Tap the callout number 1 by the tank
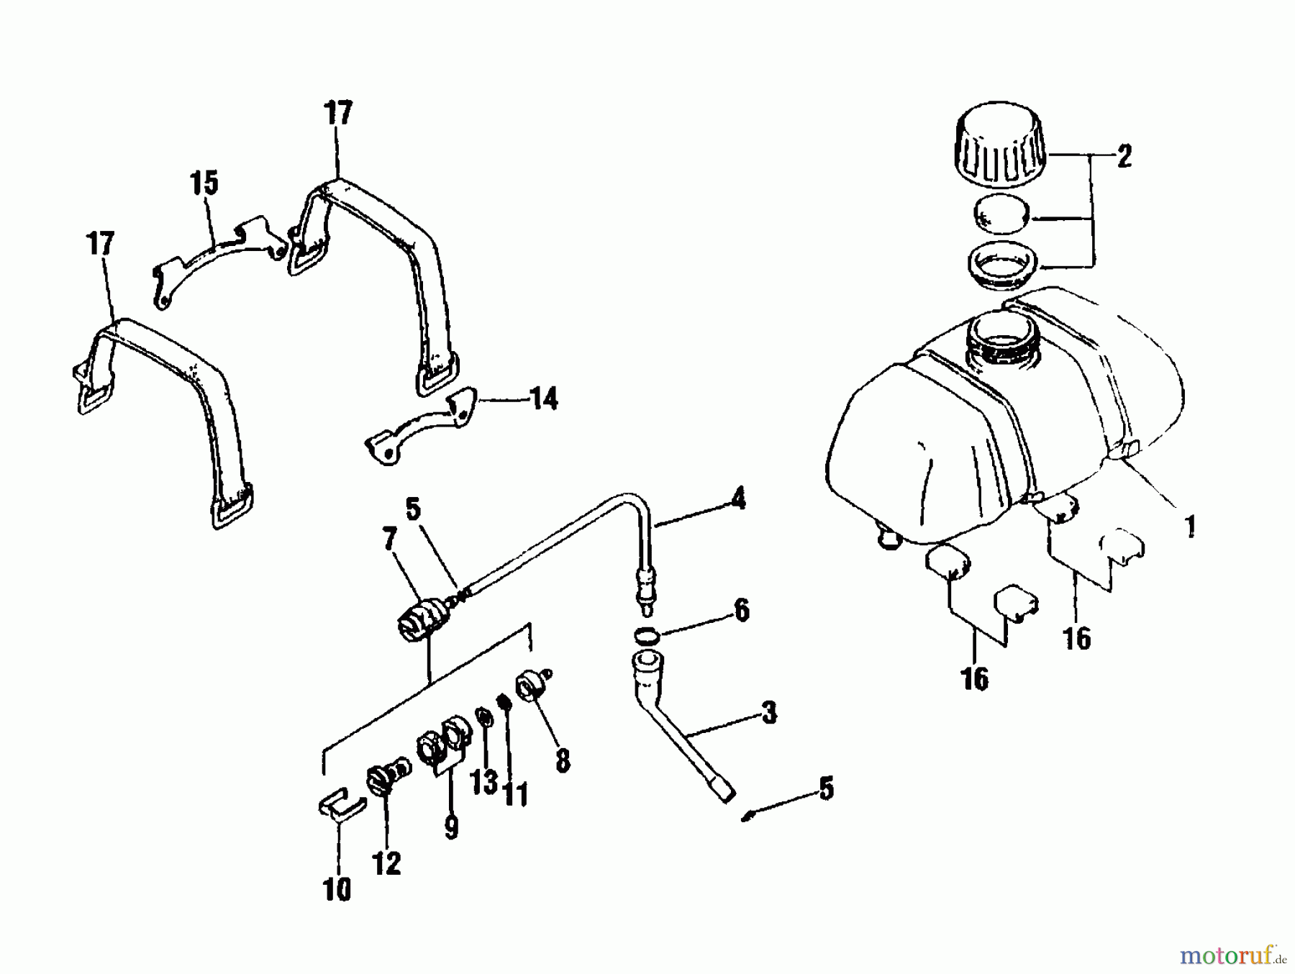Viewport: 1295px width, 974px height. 1191,527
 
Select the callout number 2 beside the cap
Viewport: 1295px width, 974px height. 1123,156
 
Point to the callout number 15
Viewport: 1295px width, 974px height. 204,183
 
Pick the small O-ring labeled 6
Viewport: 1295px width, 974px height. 649,635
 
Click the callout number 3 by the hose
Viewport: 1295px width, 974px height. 768,713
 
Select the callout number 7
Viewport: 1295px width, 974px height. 390,540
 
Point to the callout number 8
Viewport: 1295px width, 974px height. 562,760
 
